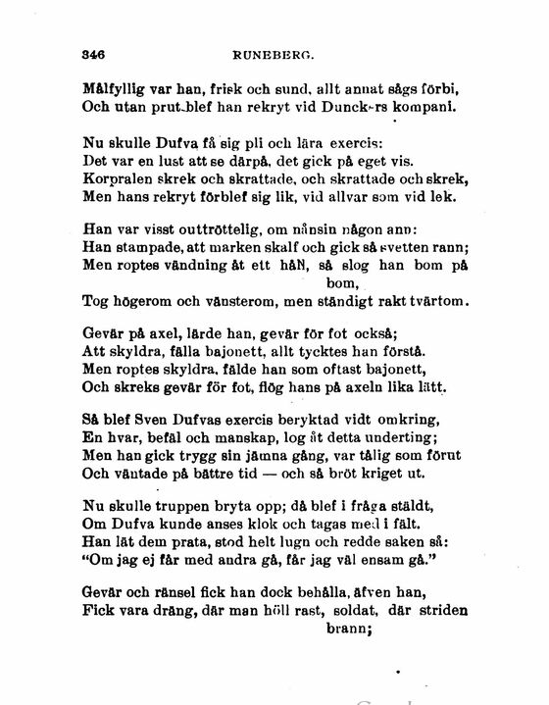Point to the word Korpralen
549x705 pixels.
tap(117, 178)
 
